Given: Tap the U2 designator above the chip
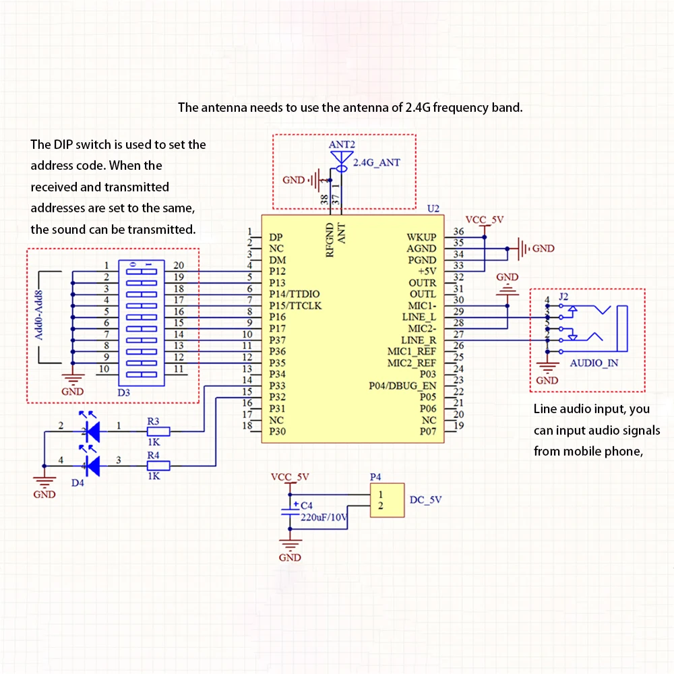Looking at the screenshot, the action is (x=433, y=208).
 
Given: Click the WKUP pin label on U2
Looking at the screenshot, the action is (x=421, y=237).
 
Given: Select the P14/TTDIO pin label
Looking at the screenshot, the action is (x=295, y=294).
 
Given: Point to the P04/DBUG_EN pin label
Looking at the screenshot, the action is (x=402, y=386).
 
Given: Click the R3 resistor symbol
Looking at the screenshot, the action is (x=158, y=431).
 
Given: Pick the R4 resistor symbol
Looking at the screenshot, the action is (x=158, y=465).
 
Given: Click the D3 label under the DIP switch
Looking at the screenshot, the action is (x=124, y=392).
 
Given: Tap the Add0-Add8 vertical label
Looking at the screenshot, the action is (x=39, y=315).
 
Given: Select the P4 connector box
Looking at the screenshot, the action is (x=388, y=500).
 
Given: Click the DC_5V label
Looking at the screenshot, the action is (x=425, y=500).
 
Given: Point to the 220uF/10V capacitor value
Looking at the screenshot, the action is (x=324, y=517).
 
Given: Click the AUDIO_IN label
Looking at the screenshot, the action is (x=594, y=363).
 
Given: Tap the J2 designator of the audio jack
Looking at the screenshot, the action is (x=563, y=297).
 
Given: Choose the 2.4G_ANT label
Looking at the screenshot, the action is (x=377, y=162).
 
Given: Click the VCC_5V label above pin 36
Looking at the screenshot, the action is (x=485, y=220).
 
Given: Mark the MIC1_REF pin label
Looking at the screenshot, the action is (x=411, y=352).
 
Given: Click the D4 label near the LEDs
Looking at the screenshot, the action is (x=78, y=483).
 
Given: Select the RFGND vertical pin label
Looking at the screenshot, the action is (x=330, y=240).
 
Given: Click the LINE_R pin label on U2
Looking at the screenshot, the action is (x=419, y=340).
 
